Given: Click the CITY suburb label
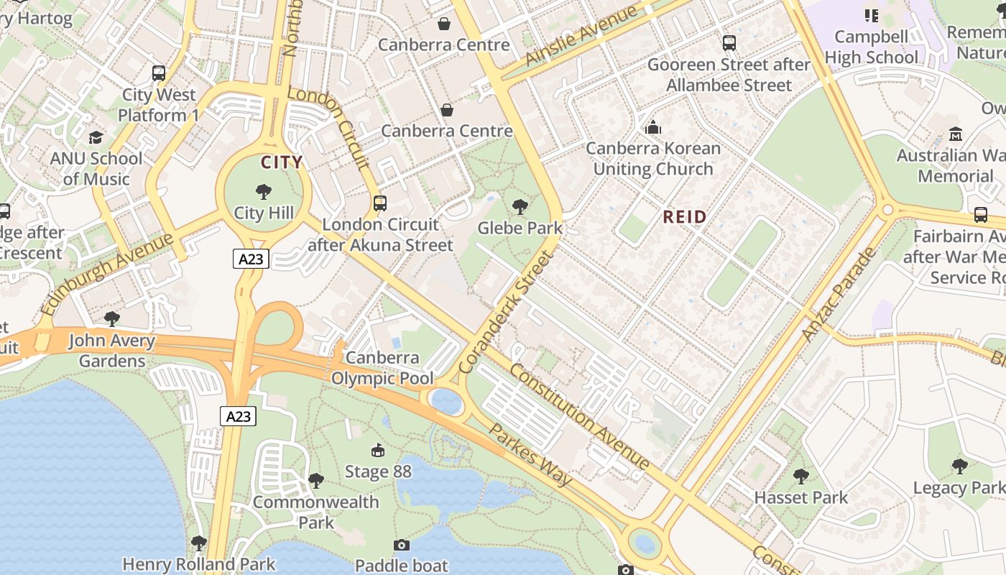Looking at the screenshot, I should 282,162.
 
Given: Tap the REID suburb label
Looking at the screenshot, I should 684,216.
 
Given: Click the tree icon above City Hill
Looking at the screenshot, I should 264,191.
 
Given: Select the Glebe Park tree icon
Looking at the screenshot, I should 520,207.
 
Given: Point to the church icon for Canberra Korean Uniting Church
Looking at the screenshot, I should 653,127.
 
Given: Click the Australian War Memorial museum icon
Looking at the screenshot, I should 956,134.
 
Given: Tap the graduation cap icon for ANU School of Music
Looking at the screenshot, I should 96,137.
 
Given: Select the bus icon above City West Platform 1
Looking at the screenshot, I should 159,73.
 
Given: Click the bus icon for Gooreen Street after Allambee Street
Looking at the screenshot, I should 729,43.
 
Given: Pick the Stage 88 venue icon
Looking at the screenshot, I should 377,451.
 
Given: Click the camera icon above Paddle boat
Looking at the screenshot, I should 402,545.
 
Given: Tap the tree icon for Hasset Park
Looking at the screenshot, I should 800,476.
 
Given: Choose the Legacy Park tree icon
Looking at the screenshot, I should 959,466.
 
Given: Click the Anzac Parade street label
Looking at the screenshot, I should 839,294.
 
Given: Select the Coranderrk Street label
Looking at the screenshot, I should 507,312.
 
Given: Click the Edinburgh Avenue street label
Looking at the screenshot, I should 108,274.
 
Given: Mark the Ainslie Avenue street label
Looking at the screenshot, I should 582,35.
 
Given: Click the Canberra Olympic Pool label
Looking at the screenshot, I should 382,368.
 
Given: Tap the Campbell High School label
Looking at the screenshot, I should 872,47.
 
